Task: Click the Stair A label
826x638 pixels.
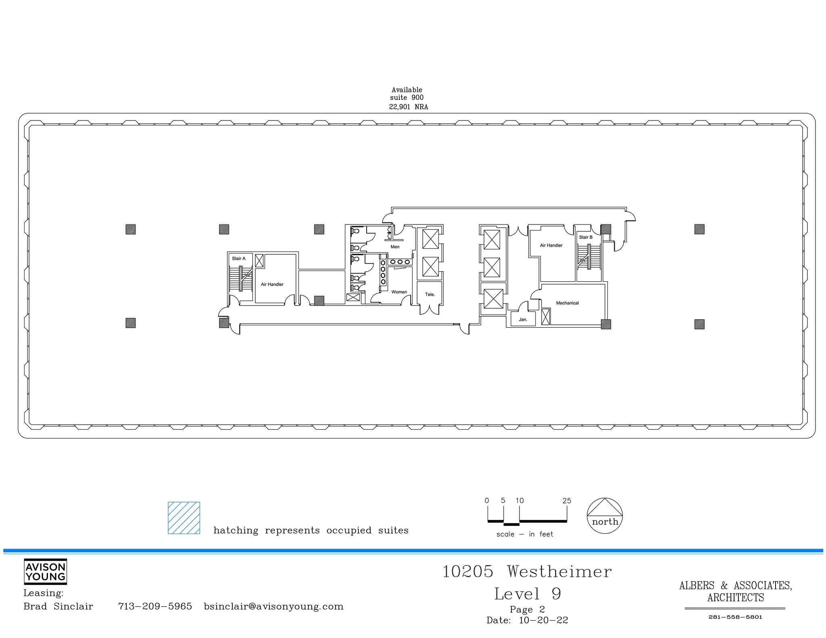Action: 238,258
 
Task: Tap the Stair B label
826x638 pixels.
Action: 586,237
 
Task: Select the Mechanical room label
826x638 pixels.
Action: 567,303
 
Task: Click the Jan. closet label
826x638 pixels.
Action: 523,319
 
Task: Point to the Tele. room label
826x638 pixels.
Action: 430,294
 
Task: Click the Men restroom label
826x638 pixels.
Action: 395,247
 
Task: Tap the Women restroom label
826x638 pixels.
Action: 399,292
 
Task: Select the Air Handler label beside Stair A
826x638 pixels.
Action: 272,284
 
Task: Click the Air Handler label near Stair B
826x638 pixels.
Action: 551,245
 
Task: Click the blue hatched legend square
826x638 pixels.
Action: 184,517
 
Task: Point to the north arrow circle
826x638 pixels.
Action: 605,516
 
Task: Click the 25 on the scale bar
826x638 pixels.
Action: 567,501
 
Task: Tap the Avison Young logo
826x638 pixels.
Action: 45,571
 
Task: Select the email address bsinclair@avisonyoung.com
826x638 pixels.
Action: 273,606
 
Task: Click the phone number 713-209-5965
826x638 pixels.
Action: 155,606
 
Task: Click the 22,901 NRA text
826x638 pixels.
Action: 408,107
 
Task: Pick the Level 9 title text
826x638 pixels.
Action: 528,594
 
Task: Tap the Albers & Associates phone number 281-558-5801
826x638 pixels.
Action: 735,617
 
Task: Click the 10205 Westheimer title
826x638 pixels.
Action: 527,571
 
